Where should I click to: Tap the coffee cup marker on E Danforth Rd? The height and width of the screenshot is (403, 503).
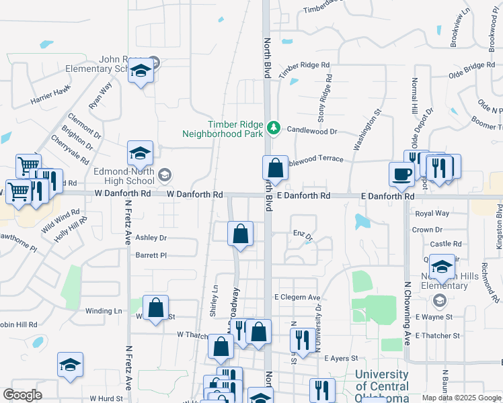point(402,174)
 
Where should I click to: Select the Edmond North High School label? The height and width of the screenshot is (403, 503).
point(124,176)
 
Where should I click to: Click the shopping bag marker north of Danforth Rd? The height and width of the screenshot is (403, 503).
point(275,167)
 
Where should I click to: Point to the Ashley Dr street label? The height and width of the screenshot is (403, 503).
point(151,238)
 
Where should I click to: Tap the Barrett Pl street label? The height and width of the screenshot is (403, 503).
point(151,255)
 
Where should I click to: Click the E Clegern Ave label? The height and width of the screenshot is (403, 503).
point(297,297)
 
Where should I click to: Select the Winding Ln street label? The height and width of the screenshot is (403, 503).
point(104,311)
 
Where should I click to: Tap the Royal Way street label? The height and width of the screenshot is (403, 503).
point(432,214)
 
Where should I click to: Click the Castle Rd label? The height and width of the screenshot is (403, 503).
point(446,244)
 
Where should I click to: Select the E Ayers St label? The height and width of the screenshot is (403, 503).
point(343,359)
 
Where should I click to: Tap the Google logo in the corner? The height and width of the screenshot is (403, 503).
point(23,395)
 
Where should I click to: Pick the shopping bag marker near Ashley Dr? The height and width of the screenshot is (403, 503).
point(240,234)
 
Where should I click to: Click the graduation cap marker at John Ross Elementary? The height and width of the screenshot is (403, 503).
point(141,70)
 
